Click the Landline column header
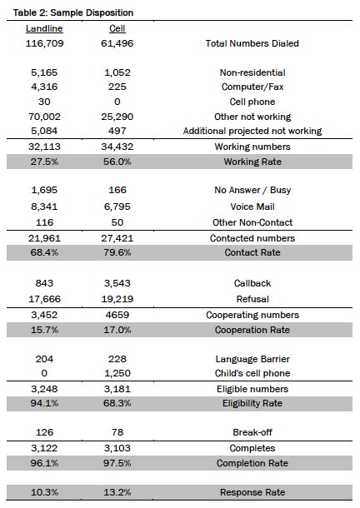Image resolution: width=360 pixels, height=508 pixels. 44,28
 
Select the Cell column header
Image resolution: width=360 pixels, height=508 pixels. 117,28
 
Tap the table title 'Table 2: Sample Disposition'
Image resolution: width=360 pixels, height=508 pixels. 73,12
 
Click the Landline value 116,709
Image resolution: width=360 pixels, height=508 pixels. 44,43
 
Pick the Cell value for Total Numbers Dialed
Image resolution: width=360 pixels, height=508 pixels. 117,43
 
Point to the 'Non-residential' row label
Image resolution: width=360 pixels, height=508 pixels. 252,72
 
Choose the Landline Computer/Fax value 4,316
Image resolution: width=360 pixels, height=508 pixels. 44,87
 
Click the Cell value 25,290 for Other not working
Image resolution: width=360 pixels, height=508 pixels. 117,117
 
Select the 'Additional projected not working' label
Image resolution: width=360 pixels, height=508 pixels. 252,131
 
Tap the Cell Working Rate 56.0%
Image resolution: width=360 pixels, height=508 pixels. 117,162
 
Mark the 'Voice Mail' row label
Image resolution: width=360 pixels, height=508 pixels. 252,207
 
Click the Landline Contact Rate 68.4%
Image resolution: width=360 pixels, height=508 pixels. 44,252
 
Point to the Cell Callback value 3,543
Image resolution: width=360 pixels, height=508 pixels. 117,283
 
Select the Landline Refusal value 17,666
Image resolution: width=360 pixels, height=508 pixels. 44,299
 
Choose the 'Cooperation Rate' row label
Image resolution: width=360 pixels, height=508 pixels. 252,330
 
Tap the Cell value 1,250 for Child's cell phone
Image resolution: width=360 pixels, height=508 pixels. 117,373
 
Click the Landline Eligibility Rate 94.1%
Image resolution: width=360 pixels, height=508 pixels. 44,403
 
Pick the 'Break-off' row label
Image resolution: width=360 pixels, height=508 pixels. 252,432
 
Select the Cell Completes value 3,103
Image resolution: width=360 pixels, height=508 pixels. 117,448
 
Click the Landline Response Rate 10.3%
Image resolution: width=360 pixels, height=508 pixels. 44,492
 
